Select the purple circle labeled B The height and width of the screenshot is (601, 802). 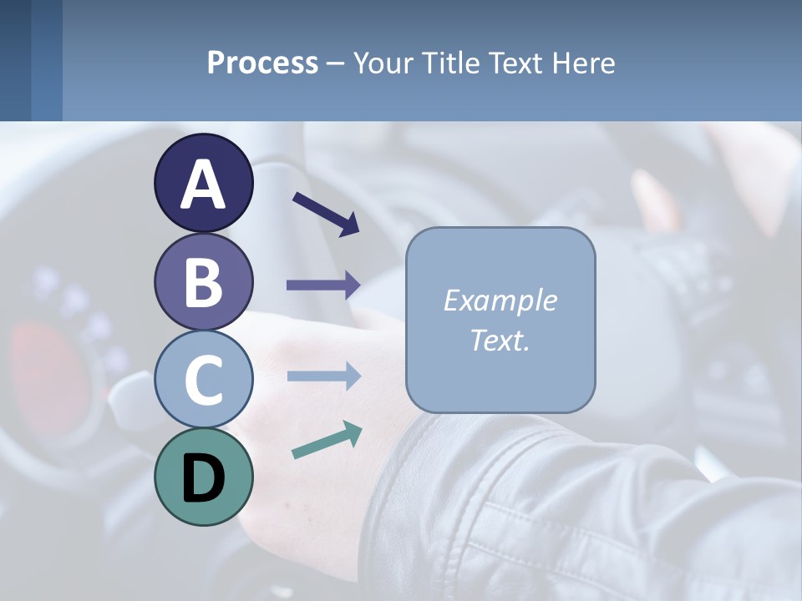(x=203, y=281)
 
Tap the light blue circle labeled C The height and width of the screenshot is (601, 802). (x=203, y=380)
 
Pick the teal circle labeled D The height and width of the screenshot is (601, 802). (x=203, y=477)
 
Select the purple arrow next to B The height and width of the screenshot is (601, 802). (x=323, y=285)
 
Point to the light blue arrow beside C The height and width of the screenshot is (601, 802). (x=323, y=376)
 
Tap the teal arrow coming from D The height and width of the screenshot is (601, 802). (x=327, y=440)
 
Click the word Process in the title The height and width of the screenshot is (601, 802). (x=262, y=63)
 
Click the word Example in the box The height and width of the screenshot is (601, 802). (x=500, y=300)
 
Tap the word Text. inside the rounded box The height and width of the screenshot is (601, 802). (x=500, y=340)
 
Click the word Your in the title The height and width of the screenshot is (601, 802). (x=383, y=63)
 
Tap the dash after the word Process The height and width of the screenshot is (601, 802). (x=335, y=64)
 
